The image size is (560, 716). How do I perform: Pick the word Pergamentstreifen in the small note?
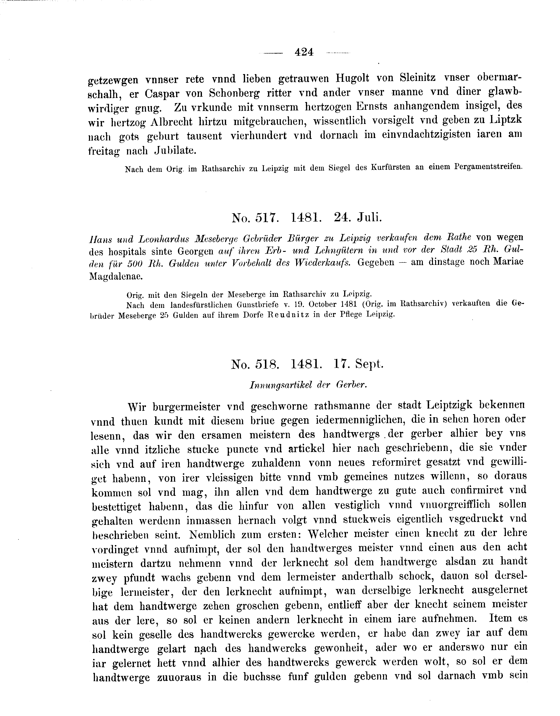(x=488, y=167)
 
